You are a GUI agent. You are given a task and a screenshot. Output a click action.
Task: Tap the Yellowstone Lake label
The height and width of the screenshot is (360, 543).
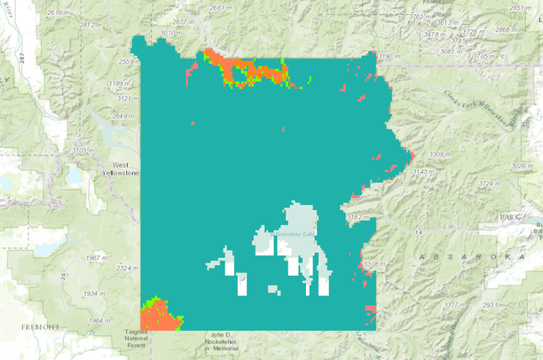coord(296,233)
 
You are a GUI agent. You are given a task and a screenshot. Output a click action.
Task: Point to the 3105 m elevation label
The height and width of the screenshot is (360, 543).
coord(83,151)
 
